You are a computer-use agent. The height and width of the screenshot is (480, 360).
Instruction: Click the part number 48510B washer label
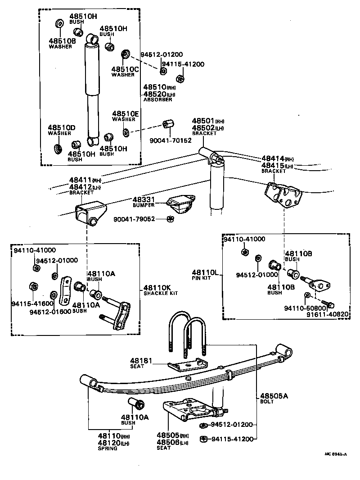pyautogui.click(x=60, y=41)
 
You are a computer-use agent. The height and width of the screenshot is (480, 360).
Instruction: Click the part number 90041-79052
pyautogui.click(x=134, y=219)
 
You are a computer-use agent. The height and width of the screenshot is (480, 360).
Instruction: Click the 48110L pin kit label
pyautogui.click(x=205, y=272)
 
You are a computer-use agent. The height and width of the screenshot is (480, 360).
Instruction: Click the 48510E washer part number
pyautogui.click(x=126, y=114)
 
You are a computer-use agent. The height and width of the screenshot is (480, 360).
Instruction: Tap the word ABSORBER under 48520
pyautogui.click(x=157, y=100)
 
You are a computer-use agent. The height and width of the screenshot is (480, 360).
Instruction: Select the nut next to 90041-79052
pyautogui.click(x=170, y=219)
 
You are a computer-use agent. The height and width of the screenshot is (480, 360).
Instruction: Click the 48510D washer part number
pyautogui.click(x=62, y=128)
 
